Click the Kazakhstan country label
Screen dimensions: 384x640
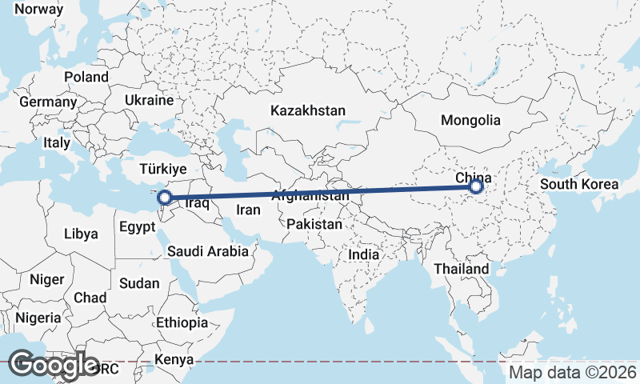coord(308,110)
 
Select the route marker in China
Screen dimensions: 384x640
coord(476,186)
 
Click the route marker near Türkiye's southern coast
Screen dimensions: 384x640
coord(164,197)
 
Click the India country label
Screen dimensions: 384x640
coord(363,254)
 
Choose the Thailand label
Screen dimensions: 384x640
coord(462,269)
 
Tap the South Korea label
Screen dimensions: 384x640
coord(579,184)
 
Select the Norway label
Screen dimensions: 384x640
coord(38,9)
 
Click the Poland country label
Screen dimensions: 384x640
coord(86,77)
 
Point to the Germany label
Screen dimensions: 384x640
coord(48,102)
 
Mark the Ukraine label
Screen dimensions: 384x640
coord(149,101)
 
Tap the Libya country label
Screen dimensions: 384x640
coord(82,234)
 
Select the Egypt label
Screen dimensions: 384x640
coord(137,227)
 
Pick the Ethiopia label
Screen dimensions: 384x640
coord(182,322)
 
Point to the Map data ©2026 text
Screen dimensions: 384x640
coord(573,373)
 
